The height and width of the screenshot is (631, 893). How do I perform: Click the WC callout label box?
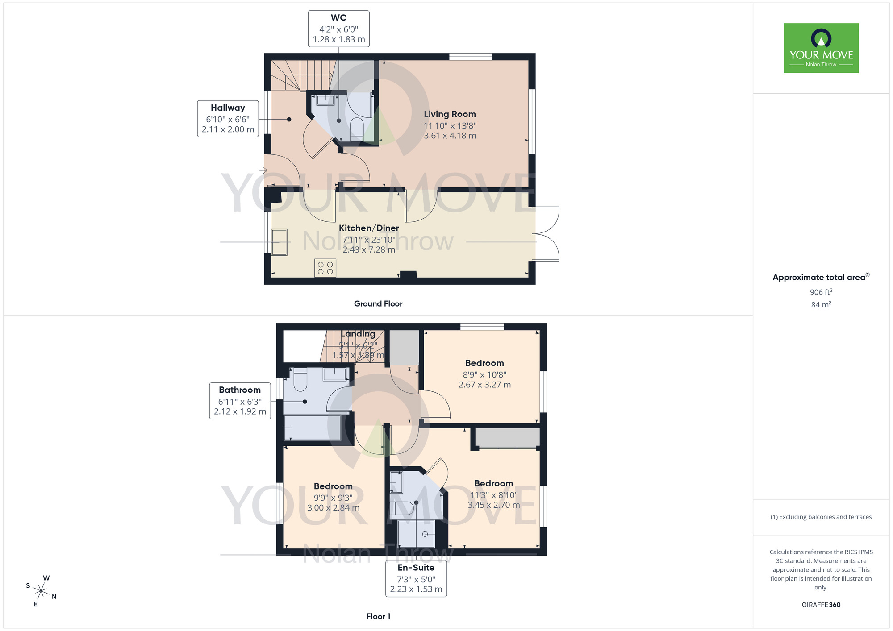click(x=338, y=29)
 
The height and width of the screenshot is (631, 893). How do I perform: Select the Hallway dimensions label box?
click(x=228, y=119)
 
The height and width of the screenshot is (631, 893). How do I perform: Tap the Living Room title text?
click(x=450, y=114)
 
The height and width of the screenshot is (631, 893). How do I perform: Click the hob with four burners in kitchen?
click(x=325, y=268)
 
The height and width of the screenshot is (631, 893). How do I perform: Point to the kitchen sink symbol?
click(x=280, y=242)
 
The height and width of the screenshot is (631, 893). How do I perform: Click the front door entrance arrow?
click(x=263, y=170)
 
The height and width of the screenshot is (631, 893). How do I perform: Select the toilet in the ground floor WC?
click(x=357, y=127)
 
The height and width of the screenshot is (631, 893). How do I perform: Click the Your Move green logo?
click(x=821, y=48)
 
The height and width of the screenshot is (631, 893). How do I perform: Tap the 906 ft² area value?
click(x=821, y=292)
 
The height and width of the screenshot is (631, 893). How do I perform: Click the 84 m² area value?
click(x=821, y=305)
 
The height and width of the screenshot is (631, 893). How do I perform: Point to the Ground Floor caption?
click(x=378, y=303)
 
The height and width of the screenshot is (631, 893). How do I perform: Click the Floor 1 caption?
click(x=378, y=616)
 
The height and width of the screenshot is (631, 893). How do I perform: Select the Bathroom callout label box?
click(x=240, y=401)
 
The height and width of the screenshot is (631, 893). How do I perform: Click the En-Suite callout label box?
click(x=416, y=578)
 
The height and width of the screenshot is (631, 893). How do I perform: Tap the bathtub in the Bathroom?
click(x=313, y=427)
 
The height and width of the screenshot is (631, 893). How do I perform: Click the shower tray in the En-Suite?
click(x=416, y=534)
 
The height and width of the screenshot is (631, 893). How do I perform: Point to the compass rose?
click(x=41, y=591)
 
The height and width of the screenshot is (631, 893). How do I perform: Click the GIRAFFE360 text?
click(x=821, y=605)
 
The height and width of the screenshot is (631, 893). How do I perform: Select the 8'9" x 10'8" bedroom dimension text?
click(x=484, y=375)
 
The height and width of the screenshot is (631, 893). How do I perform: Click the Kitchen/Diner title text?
click(x=369, y=228)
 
